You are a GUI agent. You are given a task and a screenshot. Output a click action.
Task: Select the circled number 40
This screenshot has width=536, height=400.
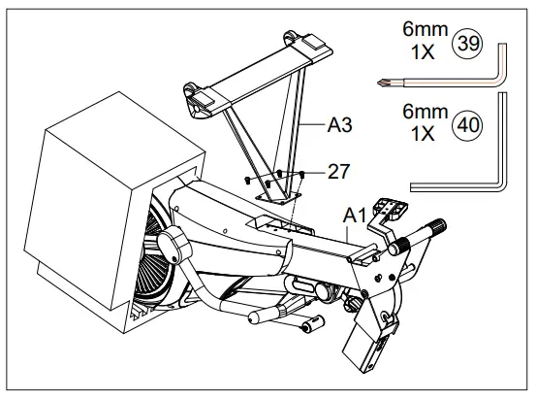pos(469,123)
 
